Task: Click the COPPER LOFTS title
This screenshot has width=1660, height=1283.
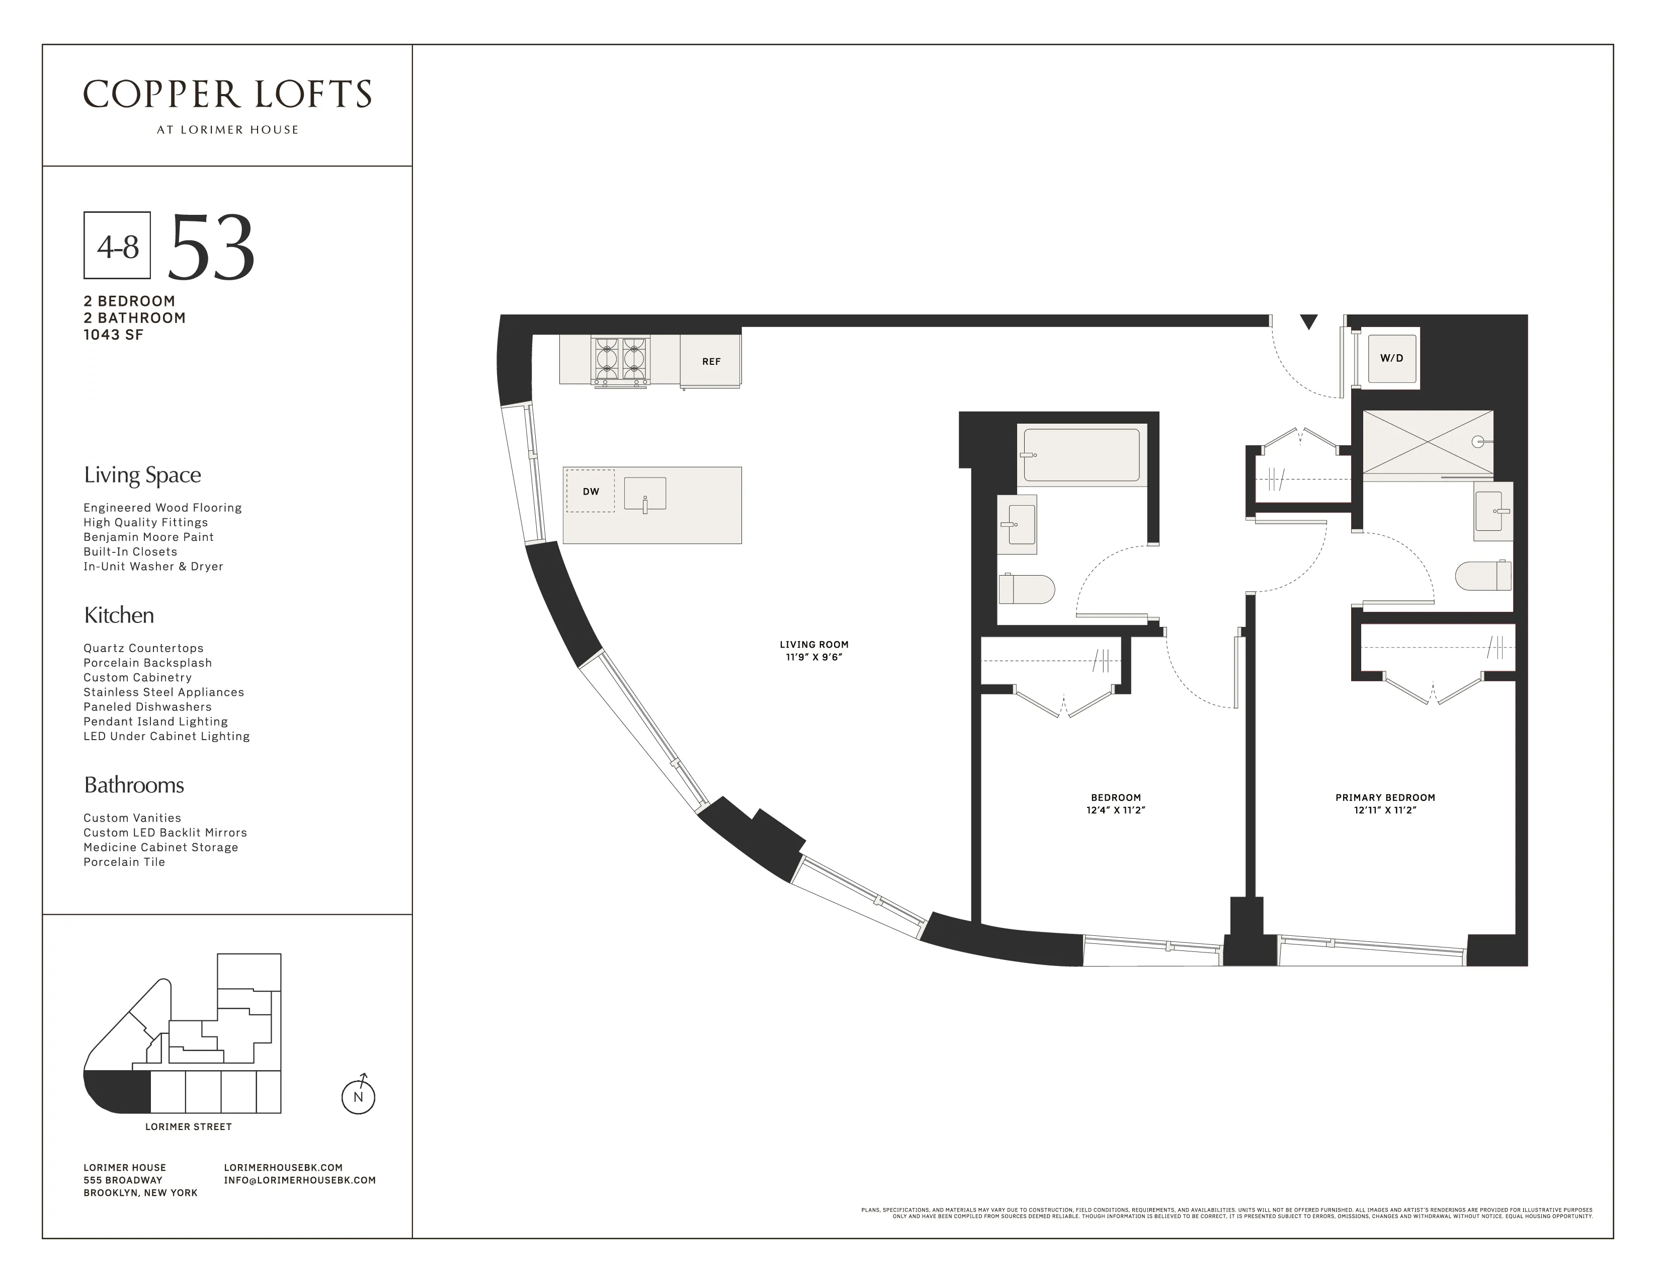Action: click(x=227, y=95)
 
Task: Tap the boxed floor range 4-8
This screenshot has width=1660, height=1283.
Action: click(x=117, y=246)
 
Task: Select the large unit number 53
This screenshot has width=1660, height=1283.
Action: click(x=211, y=247)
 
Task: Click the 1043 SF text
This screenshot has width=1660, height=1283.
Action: click(x=113, y=335)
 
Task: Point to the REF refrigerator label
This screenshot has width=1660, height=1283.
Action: click(x=711, y=362)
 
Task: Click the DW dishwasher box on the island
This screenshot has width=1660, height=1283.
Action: click(x=591, y=491)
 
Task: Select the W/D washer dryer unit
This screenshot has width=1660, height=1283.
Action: click(x=1391, y=358)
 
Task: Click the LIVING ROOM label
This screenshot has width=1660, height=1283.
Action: click(x=813, y=645)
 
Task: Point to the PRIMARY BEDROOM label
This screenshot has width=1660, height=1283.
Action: click(x=1385, y=797)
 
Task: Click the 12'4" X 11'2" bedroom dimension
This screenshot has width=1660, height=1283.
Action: click(x=1115, y=810)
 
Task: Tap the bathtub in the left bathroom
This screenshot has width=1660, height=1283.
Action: click(x=1081, y=454)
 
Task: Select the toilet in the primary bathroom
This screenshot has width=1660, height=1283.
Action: click(x=1483, y=576)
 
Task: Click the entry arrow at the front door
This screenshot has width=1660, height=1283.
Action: click(x=1308, y=323)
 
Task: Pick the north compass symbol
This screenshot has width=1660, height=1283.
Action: click(x=358, y=1095)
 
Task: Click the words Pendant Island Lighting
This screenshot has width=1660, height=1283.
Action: click(x=155, y=721)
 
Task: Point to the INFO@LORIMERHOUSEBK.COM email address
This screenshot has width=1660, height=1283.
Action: click(x=299, y=1180)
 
